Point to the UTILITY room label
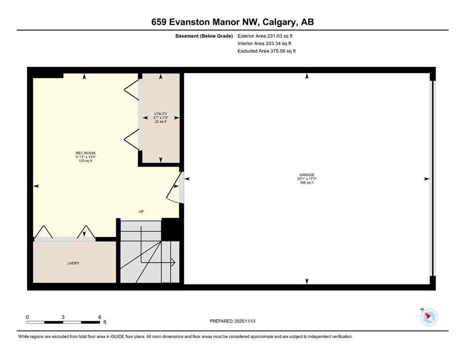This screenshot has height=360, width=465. click(161, 114)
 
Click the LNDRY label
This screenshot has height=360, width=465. click(73, 263)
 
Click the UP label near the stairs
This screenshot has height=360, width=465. click(141, 211)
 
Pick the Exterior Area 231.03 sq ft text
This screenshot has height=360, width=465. click(266, 36)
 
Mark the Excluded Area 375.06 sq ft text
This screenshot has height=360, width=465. click(266, 51)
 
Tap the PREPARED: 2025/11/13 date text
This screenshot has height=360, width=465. click(232, 321)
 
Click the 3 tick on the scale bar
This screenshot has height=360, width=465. click(63, 317)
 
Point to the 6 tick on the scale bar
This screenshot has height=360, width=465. click(99, 317)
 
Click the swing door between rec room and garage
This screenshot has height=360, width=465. click(177, 188)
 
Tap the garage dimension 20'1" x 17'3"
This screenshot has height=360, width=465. click(307, 178)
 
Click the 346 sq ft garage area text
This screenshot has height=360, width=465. click(307, 183)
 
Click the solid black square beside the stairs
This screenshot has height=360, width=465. click(170, 229)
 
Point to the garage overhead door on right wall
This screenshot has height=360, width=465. click(433, 179)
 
